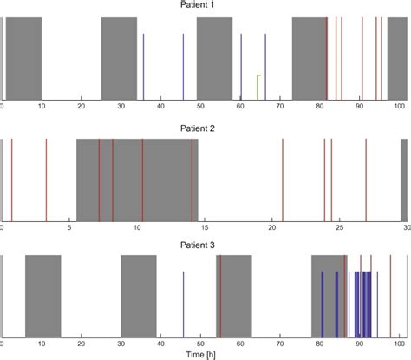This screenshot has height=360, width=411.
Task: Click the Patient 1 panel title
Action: pyautogui.click(x=205, y=5)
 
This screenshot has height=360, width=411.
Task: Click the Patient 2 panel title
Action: pyautogui.click(x=205, y=128)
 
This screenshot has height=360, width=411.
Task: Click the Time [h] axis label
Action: pyautogui.click(x=205, y=354)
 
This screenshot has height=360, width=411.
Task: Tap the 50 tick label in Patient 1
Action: pyautogui.click(x=200, y=107)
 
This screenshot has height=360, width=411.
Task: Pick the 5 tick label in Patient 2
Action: pyautogui.click(x=69, y=228)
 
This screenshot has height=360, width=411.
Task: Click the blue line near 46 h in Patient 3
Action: pyautogui.click(x=184, y=304)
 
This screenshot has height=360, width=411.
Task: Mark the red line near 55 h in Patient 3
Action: pyautogui.click(x=220, y=295)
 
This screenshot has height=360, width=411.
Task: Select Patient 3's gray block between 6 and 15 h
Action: pyautogui.click(x=42, y=295)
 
